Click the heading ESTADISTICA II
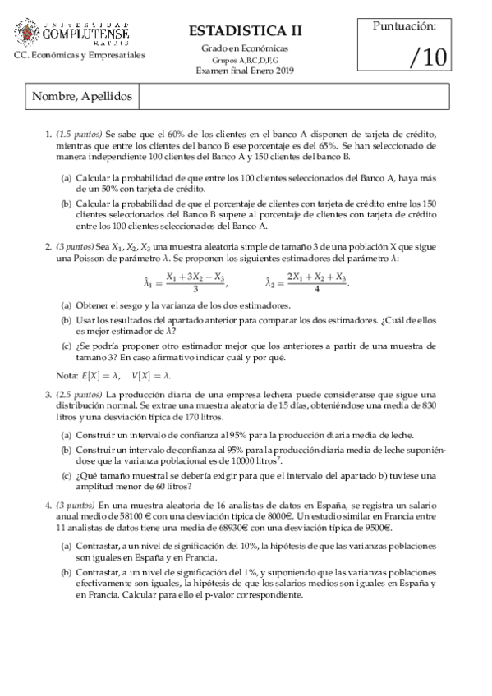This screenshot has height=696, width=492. click(x=245, y=31)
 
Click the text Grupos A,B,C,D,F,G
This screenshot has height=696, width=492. click(x=245, y=61)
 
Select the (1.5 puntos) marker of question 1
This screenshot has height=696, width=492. click(x=80, y=134)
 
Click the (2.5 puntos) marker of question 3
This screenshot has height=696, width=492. click(x=80, y=395)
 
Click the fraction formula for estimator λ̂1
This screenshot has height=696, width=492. click(x=195, y=283)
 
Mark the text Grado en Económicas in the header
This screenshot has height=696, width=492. click(x=245, y=49)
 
